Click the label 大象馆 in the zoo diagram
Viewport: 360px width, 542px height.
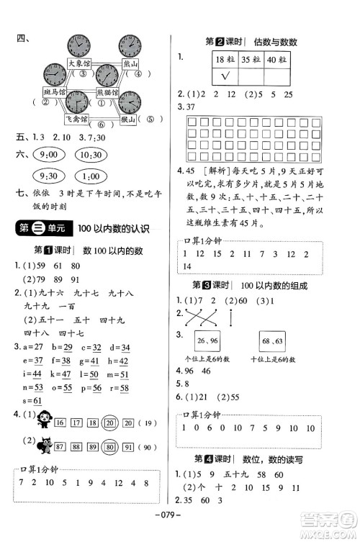coord(81,63)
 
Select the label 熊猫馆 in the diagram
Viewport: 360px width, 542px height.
coord(106,93)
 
